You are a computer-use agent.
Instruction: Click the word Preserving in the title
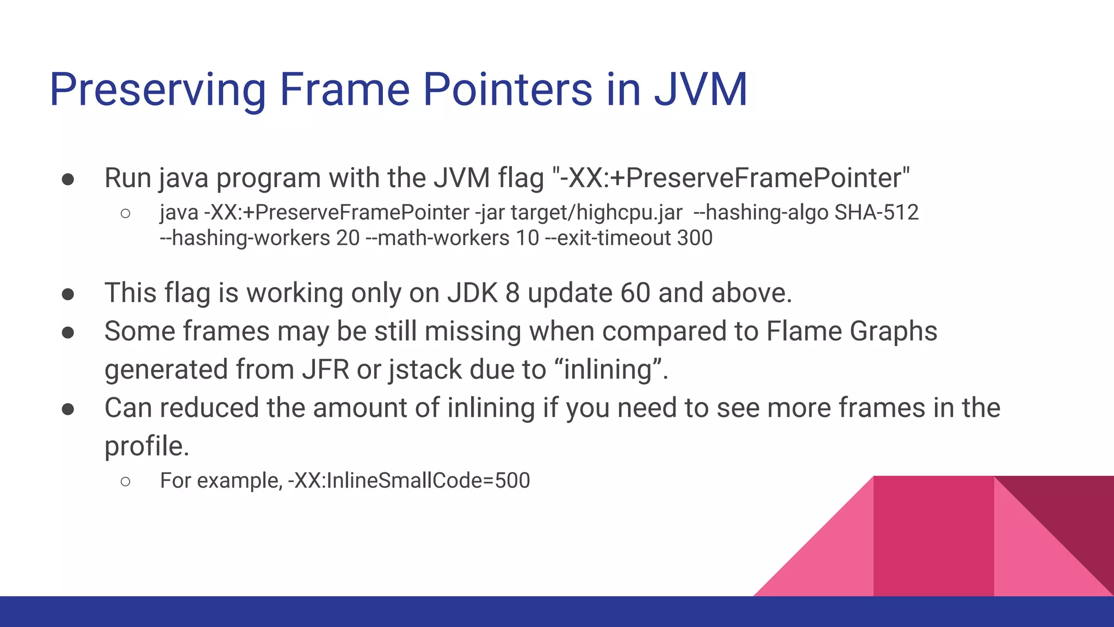click(x=158, y=90)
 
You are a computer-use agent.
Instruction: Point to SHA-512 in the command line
click(x=876, y=212)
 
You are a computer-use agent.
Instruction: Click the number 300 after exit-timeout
click(x=695, y=238)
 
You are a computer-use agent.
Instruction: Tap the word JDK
click(x=472, y=293)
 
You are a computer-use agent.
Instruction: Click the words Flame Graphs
click(x=851, y=331)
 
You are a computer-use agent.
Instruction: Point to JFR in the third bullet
click(x=325, y=370)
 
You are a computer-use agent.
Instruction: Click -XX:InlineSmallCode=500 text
click(x=409, y=481)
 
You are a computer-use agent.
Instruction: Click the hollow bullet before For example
click(x=126, y=481)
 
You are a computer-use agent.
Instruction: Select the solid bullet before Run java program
click(x=68, y=180)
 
